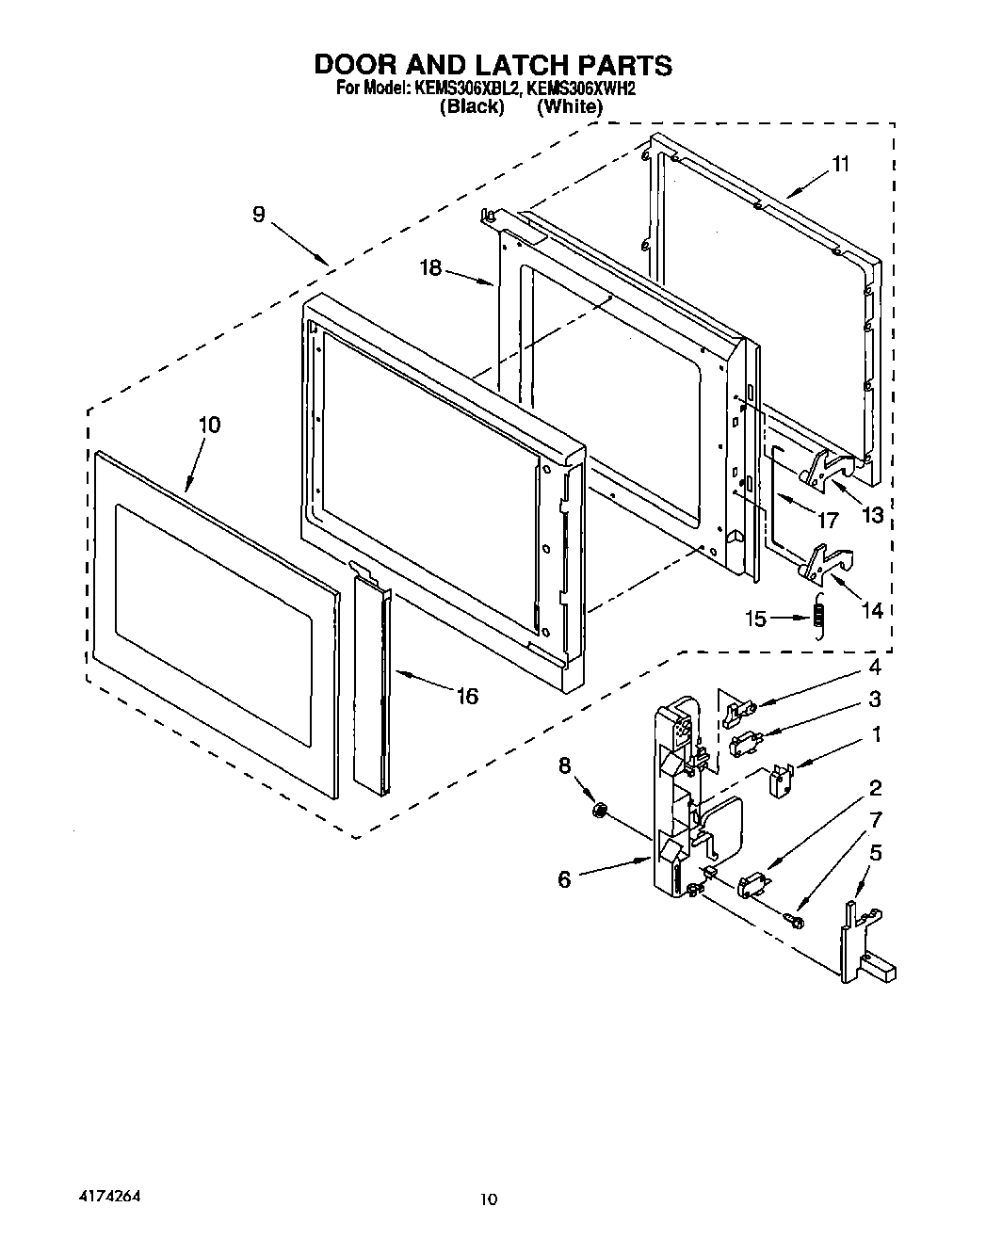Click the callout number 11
[x=840, y=164]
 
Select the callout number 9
[x=258, y=215]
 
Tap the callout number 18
[x=430, y=268]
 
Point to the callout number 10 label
[x=209, y=425]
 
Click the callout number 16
[x=466, y=696]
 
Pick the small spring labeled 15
[x=819, y=615]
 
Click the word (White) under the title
[x=569, y=106]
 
